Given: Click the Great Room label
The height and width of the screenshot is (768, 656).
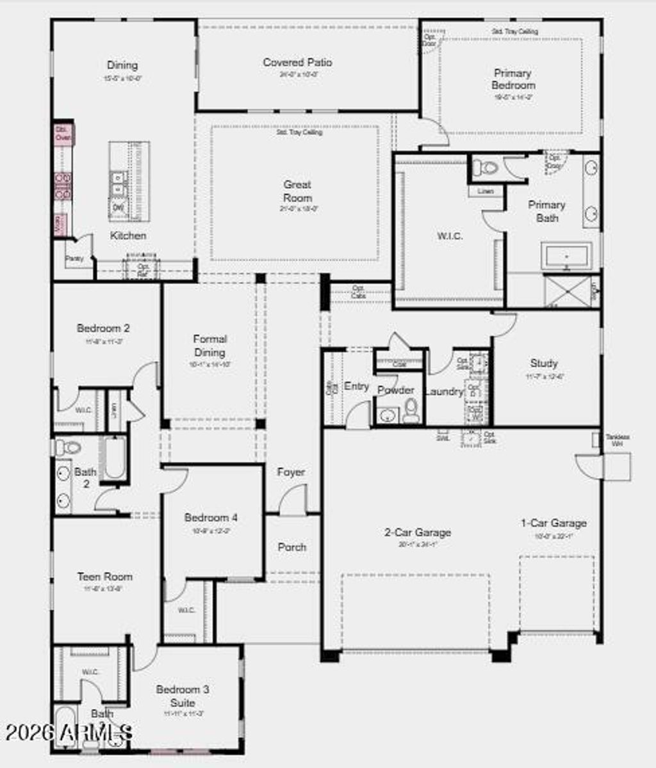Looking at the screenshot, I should click(x=297, y=191).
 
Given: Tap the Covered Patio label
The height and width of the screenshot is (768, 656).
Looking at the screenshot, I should click(x=297, y=63).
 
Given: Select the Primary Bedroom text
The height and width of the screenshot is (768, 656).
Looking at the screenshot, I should click(x=513, y=79).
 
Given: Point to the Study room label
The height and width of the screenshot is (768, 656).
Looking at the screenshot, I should click(x=544, y=363).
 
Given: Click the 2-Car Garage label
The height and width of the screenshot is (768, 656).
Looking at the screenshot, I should click(x=418, y=532).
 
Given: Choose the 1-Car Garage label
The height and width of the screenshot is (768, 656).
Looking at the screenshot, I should click(x=553, y=523).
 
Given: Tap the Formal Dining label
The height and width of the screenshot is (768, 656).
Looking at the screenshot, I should click(x=209, y=346).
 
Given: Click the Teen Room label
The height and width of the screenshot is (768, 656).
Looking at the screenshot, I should click(x=105, y=576).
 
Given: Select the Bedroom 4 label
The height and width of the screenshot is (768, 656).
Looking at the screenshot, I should click(x=211, y=517).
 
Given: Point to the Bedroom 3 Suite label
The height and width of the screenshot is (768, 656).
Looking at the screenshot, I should click(x=183, y=696).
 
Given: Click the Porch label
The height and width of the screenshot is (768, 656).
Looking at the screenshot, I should click(x=292, y=547).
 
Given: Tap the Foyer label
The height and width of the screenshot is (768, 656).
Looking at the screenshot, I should click(x=291, y=472).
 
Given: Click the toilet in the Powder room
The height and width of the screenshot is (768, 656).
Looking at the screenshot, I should click(x=411, y=410).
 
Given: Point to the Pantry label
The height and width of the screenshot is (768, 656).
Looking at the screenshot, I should click(x=74, y=259).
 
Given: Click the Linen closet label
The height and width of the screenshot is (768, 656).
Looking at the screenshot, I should click(x=485, y=191).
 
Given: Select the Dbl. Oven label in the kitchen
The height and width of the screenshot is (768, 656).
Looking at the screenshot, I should click(x=63, y=133).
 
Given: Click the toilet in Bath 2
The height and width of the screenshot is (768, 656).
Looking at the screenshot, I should click(x=67, y=447).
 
